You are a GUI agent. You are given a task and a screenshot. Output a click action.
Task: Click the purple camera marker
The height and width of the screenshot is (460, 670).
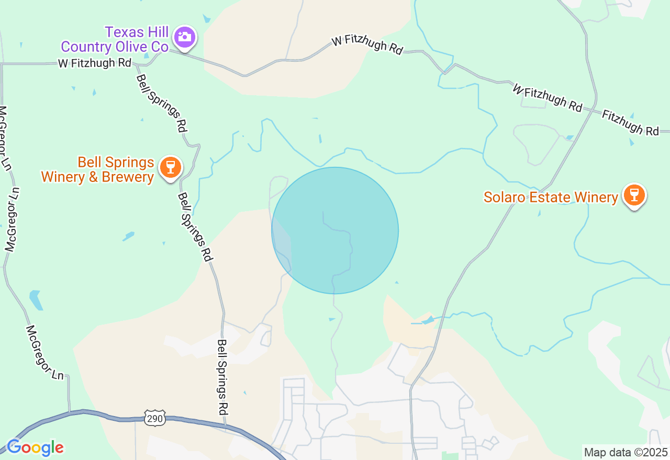[185, 37]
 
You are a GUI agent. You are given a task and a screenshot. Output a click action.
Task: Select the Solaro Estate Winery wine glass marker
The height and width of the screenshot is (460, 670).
[634, 195]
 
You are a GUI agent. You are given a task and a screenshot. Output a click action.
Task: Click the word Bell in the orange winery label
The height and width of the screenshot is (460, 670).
[89, 162]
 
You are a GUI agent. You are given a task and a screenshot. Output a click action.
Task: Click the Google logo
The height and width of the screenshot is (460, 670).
[35, 448]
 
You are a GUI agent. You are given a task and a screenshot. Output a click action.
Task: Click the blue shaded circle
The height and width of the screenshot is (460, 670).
[335, 231]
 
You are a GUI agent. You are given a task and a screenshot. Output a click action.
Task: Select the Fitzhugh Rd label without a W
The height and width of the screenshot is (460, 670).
[630, 122]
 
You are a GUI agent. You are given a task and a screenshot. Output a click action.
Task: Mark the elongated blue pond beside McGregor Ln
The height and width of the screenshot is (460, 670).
[36, 300]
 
